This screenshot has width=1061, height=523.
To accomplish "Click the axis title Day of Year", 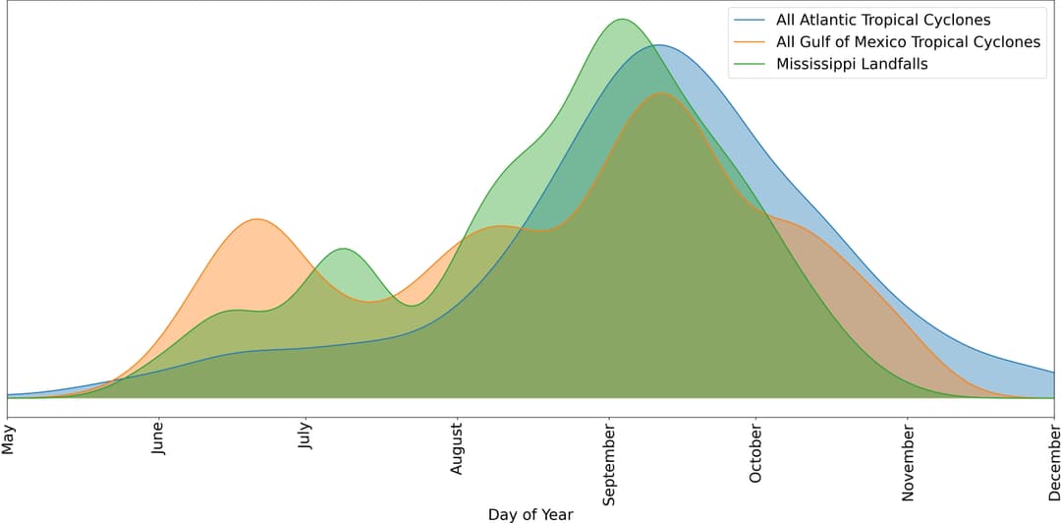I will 530,513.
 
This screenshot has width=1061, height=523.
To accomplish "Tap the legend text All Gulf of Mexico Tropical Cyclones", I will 908,42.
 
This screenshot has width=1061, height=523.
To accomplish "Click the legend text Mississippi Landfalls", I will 852,64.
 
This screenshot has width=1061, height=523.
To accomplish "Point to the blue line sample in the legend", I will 750,20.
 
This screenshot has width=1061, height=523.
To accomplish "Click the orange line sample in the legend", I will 750,42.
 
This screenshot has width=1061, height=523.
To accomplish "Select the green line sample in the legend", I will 750,64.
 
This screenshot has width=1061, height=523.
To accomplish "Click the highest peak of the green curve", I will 621,19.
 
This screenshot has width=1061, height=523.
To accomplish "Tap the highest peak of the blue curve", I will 659,45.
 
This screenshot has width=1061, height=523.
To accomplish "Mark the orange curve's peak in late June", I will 256,219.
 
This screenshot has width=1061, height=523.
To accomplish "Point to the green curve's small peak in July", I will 343,249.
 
